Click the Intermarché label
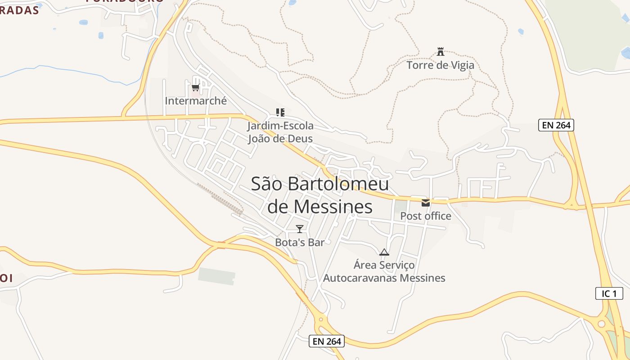coord(196,101)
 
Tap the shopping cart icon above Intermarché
coord(195,87)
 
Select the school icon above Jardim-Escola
coord(280,112)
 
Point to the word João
coord(261,138)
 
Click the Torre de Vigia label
coord(440,65)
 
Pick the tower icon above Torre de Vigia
coord(441,51)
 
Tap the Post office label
coord(426,216)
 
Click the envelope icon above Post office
coord(426,203)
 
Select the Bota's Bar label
coord(300,243)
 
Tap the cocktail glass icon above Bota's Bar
coord(300,229)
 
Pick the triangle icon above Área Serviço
coord(384,252)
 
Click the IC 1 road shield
coord(609,294)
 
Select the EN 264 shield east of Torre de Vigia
coord(556,125)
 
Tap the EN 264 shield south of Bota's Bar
coord(327,341)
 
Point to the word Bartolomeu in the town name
coord(338,184)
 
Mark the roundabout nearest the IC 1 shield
coord(602,324)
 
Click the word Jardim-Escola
coord(280,126)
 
